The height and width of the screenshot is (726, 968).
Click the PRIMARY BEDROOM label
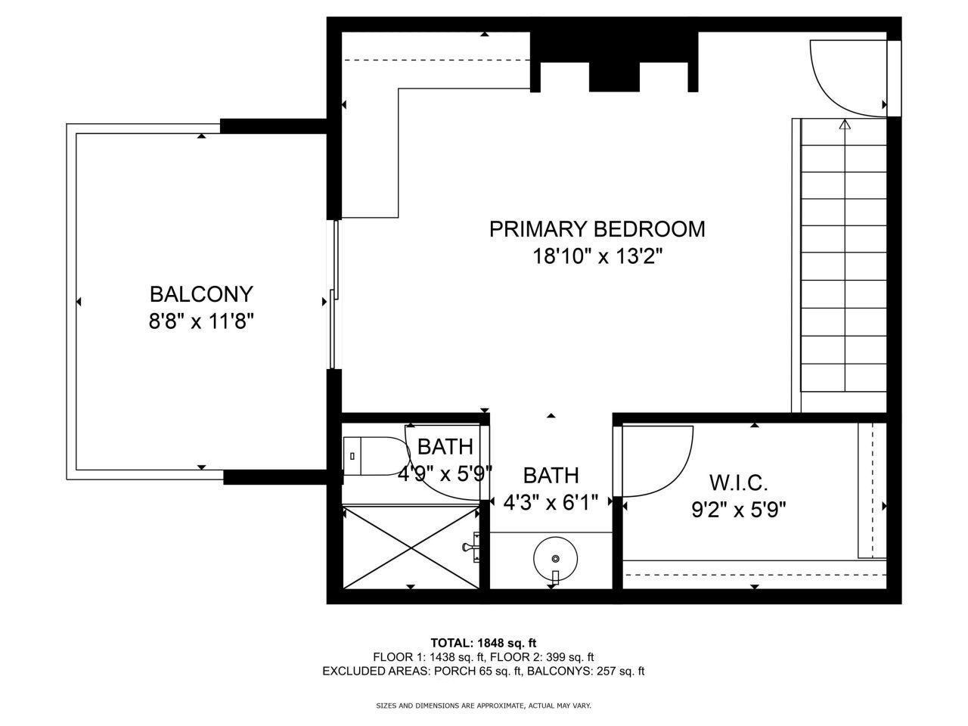(x=597, y=229)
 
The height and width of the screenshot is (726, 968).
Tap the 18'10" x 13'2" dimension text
(x=597, y=257)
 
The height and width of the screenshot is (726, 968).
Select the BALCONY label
(x=200, y=293)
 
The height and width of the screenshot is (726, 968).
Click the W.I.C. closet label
(x=738, y=482)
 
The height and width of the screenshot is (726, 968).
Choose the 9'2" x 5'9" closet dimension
(x=738, y=510)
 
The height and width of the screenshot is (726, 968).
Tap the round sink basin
(x=556, y=559)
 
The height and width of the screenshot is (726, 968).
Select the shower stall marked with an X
(x=411, y=547)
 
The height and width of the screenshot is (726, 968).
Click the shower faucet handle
(x=472, y=545)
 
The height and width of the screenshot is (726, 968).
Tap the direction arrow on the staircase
(x=845, y=126)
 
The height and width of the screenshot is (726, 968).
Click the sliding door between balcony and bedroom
(x=334, y=295)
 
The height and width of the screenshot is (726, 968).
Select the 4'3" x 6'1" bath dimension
(x=551, y=501)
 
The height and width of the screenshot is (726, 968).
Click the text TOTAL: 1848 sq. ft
(x=483, y=643)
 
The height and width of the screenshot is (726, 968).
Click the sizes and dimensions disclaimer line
(x=483, y=706)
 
